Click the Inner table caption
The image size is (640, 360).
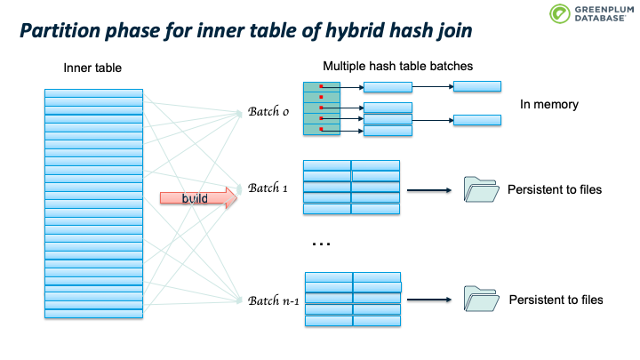[x=92, y=68]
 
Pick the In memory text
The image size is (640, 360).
[x=549, y=105]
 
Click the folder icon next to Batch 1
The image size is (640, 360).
[x=481, y=189]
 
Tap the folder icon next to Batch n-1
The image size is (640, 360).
[x=481, y=299]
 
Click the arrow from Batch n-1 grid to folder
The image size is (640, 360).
[x=429, y=300]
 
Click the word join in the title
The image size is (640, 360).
[x=449, y=33]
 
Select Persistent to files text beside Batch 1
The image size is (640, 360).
[x=555, y=189]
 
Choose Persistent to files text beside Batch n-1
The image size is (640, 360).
[x=556, y=300]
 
